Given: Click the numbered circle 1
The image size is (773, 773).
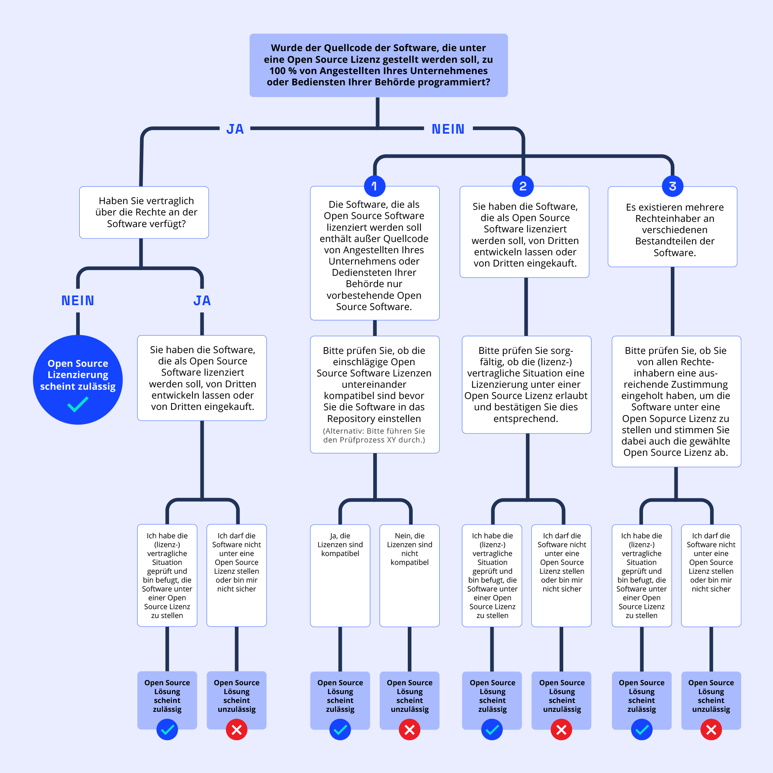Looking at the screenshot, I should click(x=374, y=186).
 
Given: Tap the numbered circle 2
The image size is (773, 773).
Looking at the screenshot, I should click(x=523, y=186).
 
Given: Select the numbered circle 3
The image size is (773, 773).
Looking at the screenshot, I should click(x=672, y=186).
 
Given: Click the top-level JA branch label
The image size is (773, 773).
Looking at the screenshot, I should click(x=235, y=129).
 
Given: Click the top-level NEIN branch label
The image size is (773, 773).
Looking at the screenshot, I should click(x=448, y=129).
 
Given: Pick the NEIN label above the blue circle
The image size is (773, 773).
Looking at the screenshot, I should click(x=78, y=300).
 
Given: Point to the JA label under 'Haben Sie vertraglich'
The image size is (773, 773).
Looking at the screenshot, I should click(x=202, y=300).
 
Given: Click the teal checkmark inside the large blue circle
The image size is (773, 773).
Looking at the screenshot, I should click(x=78, y=404).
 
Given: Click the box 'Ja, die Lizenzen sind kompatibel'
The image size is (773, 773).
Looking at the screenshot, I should click(x=340, y=575).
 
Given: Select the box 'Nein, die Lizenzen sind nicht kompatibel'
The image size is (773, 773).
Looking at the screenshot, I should click(x=409, y=575).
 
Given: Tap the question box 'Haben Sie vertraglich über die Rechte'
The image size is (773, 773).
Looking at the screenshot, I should click(x=144, y=212).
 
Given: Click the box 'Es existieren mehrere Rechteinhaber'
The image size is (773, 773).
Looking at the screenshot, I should click(x=672, y=226).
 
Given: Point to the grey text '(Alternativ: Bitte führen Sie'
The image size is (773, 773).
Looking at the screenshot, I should click(x=374, y=431).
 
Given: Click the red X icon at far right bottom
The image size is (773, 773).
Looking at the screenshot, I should click(x=711, y=730).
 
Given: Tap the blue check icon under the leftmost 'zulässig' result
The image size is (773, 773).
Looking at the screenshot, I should click(x=167, y=730).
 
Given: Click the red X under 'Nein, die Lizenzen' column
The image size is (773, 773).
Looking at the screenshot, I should click(x=409, y=730).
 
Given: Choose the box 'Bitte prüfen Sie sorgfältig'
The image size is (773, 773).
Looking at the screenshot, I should click(x=526, y=384).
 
